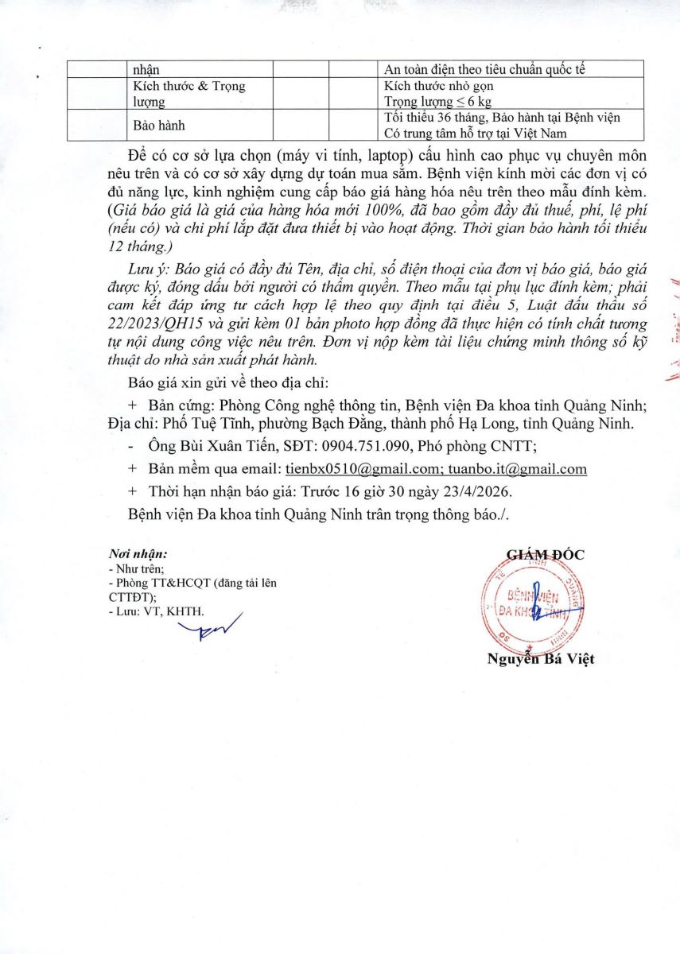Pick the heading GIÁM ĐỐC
pos(545,555)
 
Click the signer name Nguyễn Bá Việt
pos(541,658)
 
